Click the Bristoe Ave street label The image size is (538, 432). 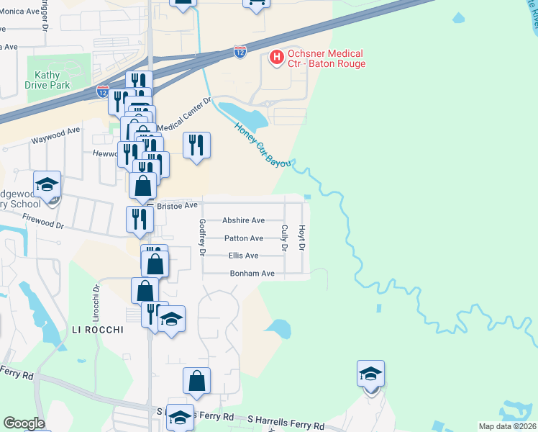coord(177,205)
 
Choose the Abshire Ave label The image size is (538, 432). coord(243,220)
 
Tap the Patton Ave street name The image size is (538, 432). coord(244,238)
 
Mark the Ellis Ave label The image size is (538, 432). coord(243,256)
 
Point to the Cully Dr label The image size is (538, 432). coord(285,238)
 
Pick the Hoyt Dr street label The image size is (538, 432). coord(303,238)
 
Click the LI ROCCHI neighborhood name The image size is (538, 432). coord(98,330)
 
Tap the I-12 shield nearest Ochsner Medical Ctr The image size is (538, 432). coord(241,52)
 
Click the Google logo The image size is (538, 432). coord(23,423)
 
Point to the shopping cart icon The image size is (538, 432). coord(256,4)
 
